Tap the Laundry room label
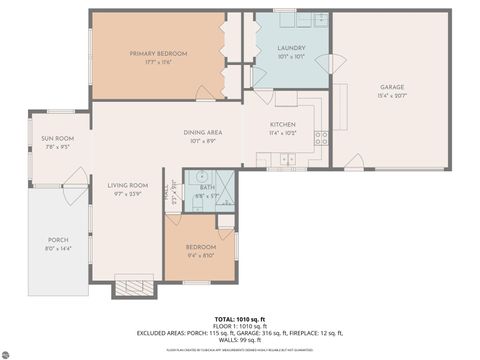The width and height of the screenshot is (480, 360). tap(291, 47)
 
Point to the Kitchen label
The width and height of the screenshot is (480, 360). tap(282, 125)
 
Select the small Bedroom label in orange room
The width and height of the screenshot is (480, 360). tap(200, 246)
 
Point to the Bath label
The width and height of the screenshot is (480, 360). tap(206, 187)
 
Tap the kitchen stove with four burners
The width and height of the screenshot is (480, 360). tap(321, 138)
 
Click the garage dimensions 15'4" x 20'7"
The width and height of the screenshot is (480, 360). tap(391, 96)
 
